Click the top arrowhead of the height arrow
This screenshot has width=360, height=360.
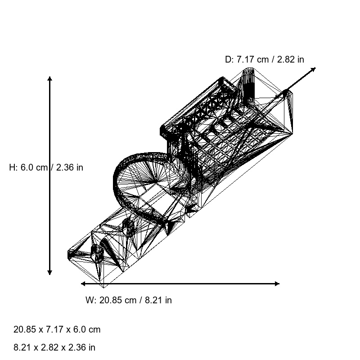pos(50,78)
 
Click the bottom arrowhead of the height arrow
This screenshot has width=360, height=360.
pos(50,273)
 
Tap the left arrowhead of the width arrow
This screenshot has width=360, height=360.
pos(83,283)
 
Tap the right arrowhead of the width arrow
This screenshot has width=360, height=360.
pos(277,283)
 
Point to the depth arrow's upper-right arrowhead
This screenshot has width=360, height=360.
pos(314,69)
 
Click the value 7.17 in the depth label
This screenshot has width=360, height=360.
pos(246,59)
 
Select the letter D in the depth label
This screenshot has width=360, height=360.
pos(228,59)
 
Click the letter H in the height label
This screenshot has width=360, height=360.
pos(12,167)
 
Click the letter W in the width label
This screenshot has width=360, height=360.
pos(89,300)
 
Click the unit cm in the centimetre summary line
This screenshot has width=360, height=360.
pos(94,329)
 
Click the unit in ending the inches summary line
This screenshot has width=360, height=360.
pos(92,347)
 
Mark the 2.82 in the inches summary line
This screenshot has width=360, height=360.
pos(48,347)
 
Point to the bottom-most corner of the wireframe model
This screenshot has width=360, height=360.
pos(103,287)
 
